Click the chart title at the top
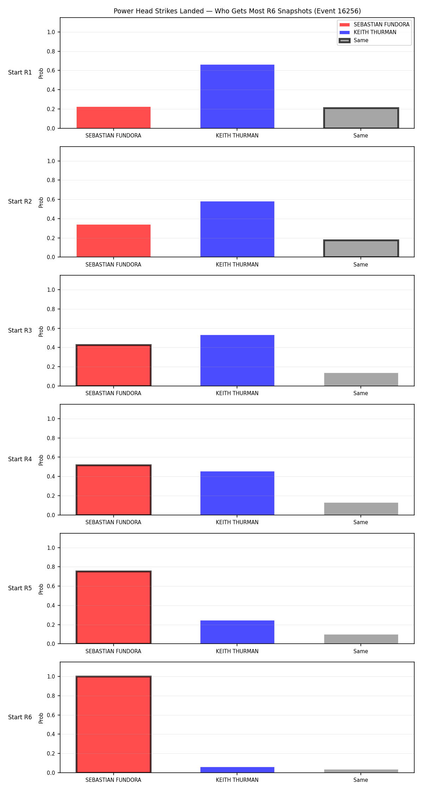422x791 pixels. click(x=237, y=11)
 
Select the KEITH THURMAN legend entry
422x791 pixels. click(x=375, y=32)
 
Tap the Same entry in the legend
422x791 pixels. click(x=361, y=40)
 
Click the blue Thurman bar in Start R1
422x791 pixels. click(x=237, y=96)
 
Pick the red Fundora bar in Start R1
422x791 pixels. click(x=114, y=117)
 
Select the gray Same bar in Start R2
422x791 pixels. click(x=361, y=249)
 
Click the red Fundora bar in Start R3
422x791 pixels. click(x=114, y=365)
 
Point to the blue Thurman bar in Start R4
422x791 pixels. click(x=237, y=493)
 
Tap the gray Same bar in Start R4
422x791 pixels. click(x=361, y=509)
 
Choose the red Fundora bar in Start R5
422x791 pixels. click(x=114, y=607)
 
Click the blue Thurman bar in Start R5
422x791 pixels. click(x=237, y=632)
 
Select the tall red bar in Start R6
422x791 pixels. click(x=114, y=725)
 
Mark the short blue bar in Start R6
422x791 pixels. click(x=237, y=770)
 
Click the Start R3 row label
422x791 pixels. click(x=20, y=330)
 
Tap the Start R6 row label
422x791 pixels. click(x=20, y=717)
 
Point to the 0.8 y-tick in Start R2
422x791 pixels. click(x=51, y=180)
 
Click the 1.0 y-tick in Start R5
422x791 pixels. click(x=51, y=548)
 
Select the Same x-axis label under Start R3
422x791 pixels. click(x=361, y=393)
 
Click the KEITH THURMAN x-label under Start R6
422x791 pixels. click(x=237, y=780)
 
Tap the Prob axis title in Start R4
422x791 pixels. click(x=41, y=460)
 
